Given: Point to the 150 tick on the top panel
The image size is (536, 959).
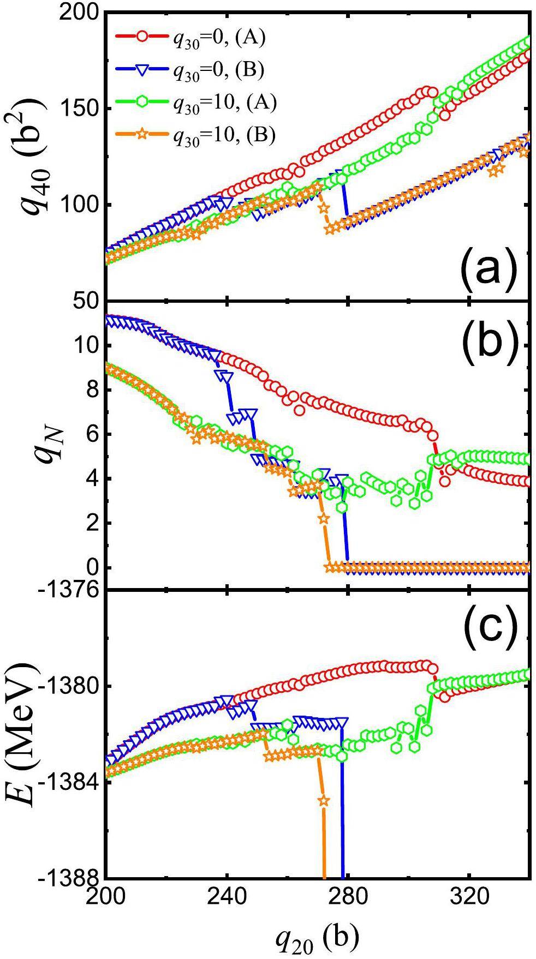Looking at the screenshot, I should point(78,108).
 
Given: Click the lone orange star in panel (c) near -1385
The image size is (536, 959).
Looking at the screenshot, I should point(324,801).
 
